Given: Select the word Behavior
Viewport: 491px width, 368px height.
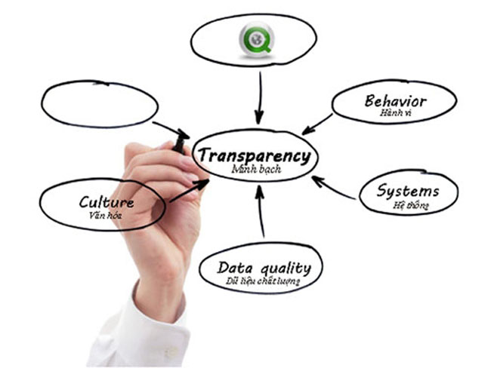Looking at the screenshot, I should pos(395,101).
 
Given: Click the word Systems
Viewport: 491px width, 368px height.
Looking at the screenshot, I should pos(408,191).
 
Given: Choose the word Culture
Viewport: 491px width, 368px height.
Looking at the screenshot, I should pos(107,202).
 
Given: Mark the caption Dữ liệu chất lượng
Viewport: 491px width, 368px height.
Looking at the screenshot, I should pos(263,281).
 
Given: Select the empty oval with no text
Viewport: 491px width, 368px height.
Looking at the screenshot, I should pos(99,104).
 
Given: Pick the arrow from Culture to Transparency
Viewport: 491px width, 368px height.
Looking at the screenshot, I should pos(187,192).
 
